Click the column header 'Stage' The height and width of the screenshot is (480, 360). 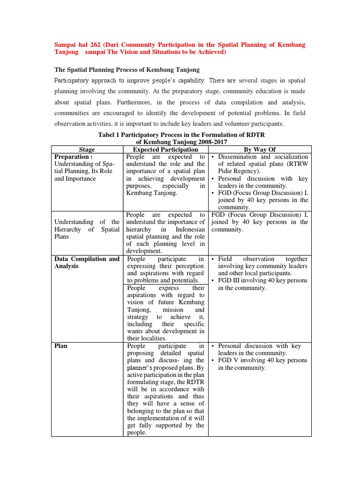[x=87, y=150]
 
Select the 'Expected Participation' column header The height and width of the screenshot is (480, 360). [x=166, y=150]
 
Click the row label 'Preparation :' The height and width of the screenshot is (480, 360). [x=74, y=157]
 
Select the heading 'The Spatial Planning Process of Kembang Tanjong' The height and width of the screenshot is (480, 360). [x=127, y=70]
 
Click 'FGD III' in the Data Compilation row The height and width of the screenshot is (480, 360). [x=230, y=280]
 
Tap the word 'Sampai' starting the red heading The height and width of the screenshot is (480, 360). [x=68, y=45]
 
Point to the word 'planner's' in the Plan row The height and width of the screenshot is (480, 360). [x=142, y=367]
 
